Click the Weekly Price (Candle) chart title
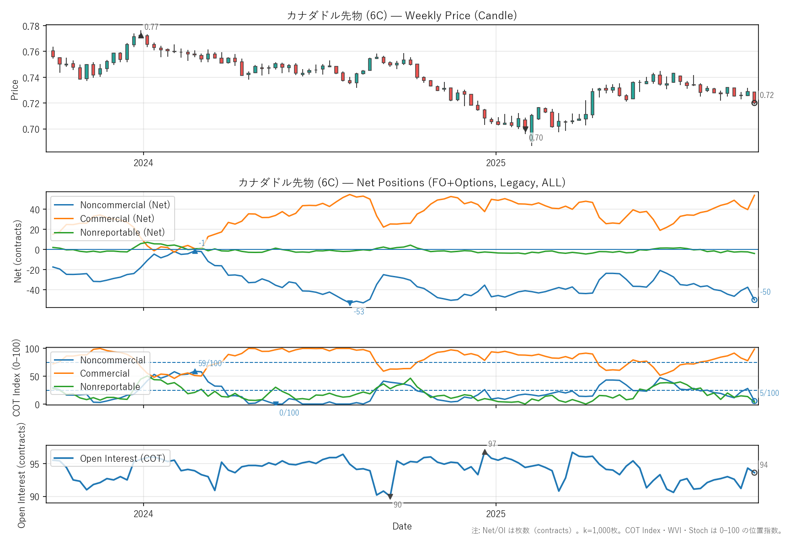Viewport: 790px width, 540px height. pos(402,16)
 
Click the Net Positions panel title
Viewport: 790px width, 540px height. pos(402,183)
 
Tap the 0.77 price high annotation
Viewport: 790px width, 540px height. pos(151,27)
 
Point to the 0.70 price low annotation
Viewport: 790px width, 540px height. pos(536,138)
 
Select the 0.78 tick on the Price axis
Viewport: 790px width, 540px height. pos(31,26)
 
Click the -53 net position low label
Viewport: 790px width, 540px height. pos(359,312)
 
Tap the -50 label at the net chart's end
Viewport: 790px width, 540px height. pos(765,292)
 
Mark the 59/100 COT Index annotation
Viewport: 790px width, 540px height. pos(210,363)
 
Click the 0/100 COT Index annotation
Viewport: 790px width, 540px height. pos(289,413)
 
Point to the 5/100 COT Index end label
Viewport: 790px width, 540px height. pos(769,393)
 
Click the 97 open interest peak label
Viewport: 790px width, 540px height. pos(492,444)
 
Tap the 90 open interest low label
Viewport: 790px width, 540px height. pos(398,505)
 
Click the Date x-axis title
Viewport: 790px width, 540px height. pos(402,526)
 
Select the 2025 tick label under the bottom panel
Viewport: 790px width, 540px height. pos(496,514)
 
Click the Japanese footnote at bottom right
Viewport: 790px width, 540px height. pos(627,531)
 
